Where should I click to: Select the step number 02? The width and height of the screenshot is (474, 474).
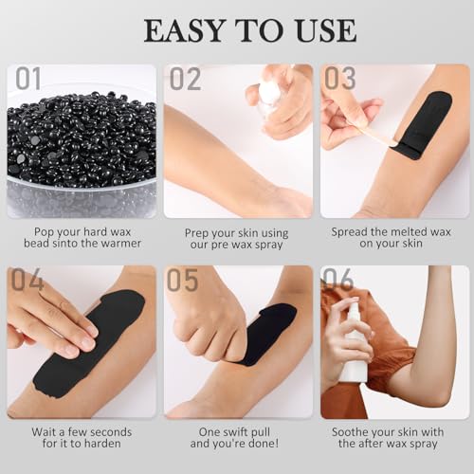185,80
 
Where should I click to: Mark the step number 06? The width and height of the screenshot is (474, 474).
339,281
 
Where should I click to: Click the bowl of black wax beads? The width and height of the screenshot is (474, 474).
81,152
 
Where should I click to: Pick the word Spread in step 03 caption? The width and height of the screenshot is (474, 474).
352,230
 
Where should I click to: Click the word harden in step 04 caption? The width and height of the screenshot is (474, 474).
105,443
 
